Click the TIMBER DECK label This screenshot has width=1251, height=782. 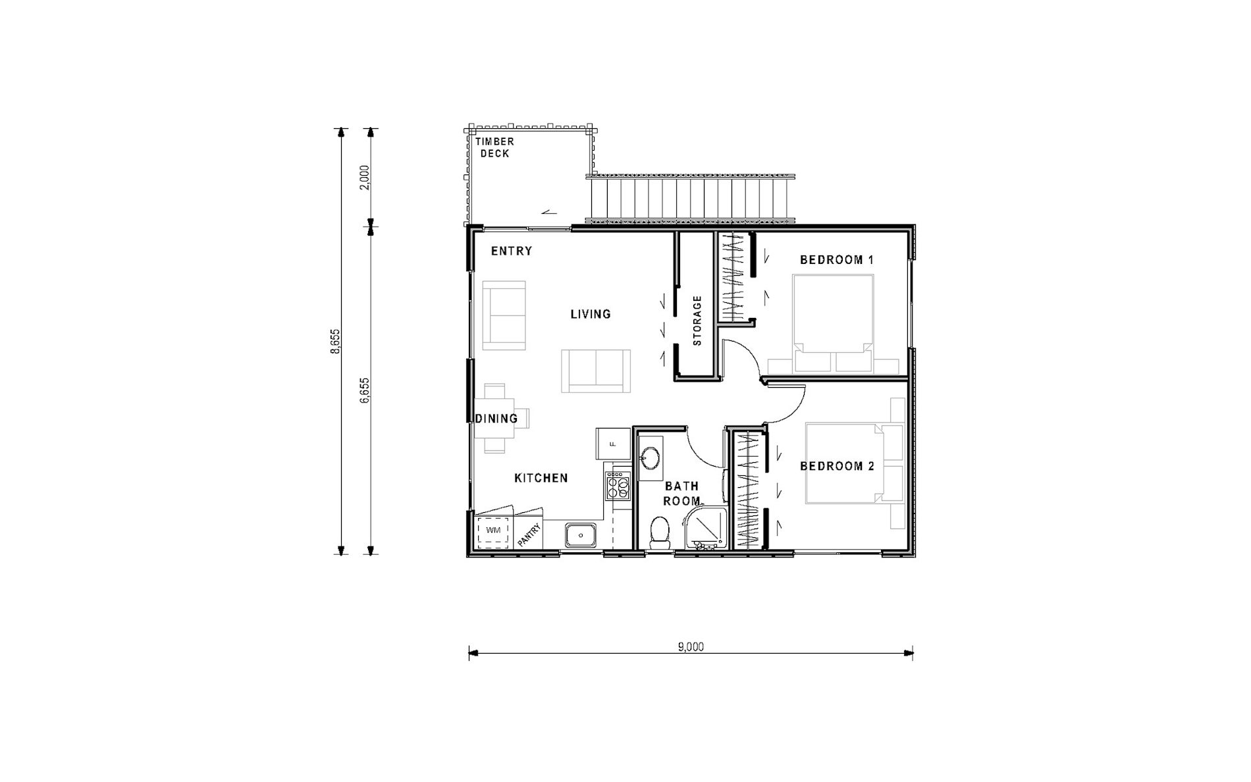click(x=495, y=147)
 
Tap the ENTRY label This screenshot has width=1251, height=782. click(x=512, y=251)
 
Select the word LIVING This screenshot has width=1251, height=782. click(x=591, y=314)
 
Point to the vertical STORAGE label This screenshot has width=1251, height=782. click(x=697, y=321)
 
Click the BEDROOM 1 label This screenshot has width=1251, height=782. click(x=837, y=260)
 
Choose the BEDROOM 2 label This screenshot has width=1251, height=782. click(x=837, y=466)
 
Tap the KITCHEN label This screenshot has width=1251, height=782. click(x=541, y=478)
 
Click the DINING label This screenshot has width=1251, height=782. click(x=496, y=419)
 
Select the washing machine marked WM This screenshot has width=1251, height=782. click(x=492, y=531)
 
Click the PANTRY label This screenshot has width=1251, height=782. click(x=529, y=534)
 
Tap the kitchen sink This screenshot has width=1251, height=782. click(x=581, y=534)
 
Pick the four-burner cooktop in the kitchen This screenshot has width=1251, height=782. click(x=618, y=485)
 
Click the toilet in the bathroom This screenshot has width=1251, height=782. click(x=659, y=533)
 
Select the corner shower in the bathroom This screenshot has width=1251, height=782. click(x=706, y=527)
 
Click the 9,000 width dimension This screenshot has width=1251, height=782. click(x=691, y=647)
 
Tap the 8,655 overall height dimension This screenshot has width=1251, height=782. click(x=336, y=342)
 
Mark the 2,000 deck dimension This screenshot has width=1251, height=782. click(x=365, y=176)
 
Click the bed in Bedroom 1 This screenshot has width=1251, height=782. click(x=834, y=324)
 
